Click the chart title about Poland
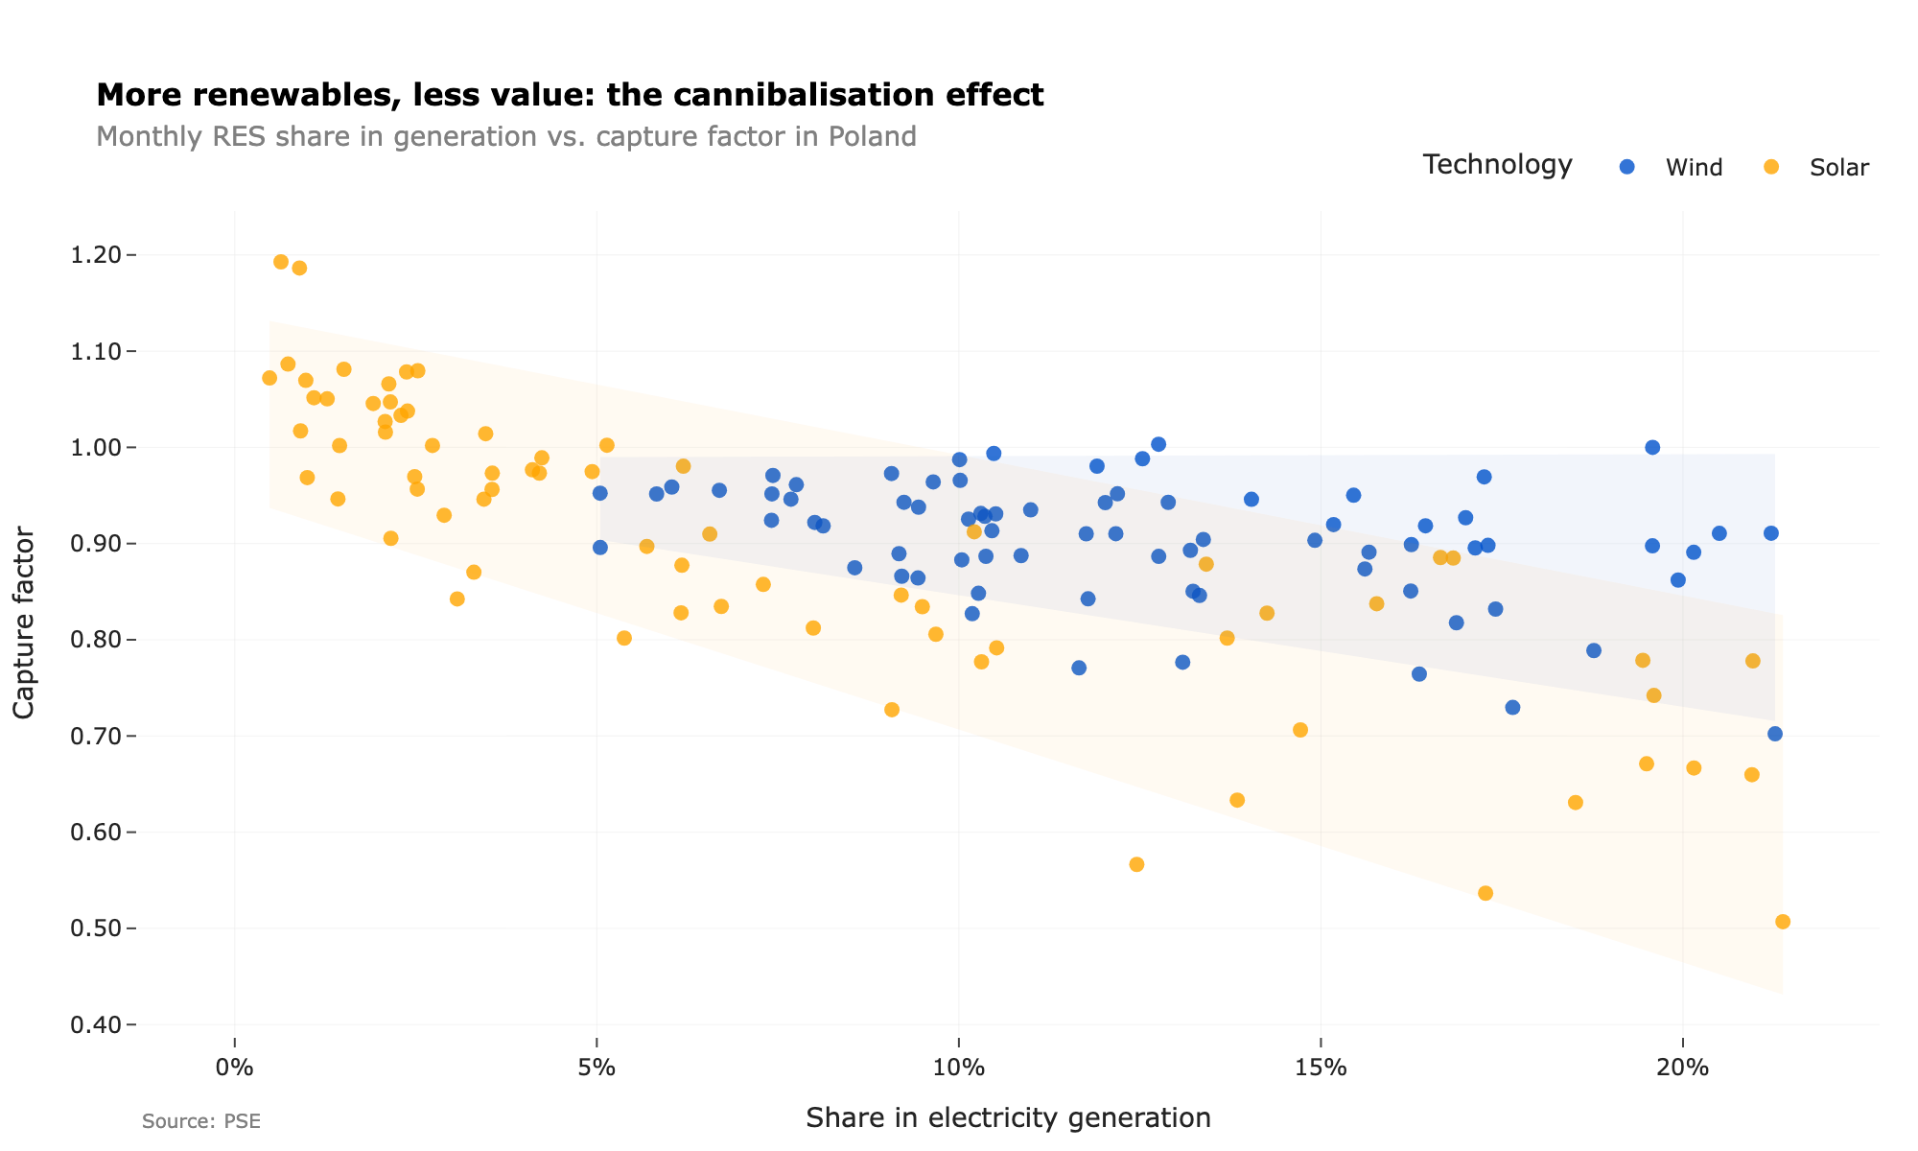coord(506,136)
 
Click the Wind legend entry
coord(1693,167)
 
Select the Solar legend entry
coord(1837,167)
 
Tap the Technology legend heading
coord(1497,165)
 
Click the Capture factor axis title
coord(25,622)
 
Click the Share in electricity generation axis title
coord(1008,1117)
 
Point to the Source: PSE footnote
coord(201,1121)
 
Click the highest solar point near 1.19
coord(281,262)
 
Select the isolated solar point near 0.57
coord(1136,864)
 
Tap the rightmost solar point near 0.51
coord(1783,922)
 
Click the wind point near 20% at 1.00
coord(1652,447)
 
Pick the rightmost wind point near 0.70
coord(1775,734)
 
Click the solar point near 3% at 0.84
coord(457,599)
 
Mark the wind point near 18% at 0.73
coord(1512,708)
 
